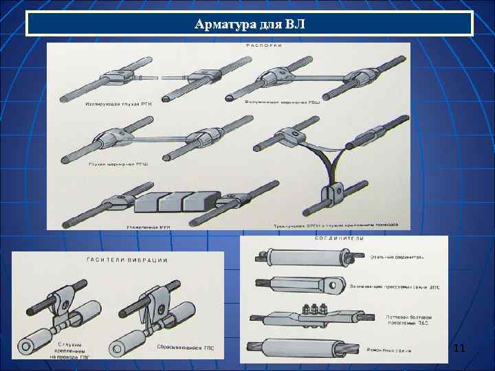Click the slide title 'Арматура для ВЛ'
249,25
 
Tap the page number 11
459,350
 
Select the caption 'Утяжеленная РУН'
148,224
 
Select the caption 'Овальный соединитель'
397,257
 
